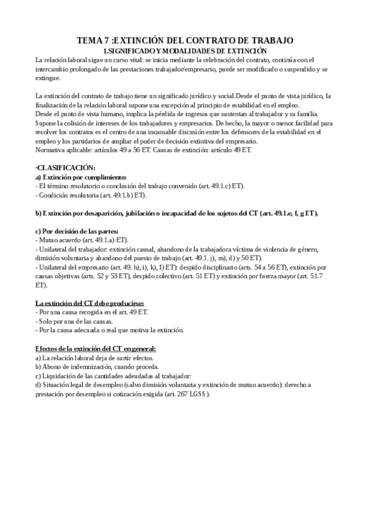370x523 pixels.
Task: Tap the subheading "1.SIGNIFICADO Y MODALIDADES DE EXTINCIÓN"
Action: (185, 50)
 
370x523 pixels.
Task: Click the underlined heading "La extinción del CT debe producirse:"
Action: (90, 303)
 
